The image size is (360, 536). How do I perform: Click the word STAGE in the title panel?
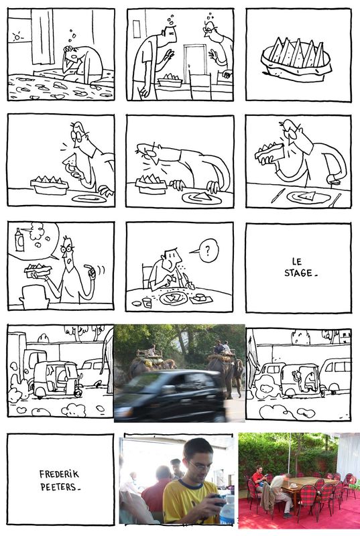[298, 273]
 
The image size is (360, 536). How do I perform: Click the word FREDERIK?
[59, 474]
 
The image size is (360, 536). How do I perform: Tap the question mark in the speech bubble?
[208, 251]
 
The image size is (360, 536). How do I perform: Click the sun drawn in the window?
[17, 37]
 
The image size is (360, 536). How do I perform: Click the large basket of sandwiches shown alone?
[296, 60]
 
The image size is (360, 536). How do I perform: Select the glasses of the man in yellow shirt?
[199, 466]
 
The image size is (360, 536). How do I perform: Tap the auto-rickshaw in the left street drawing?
[58, 379]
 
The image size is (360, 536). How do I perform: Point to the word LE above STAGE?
[297, 262]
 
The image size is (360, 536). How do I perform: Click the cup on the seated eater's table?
[147, 303]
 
